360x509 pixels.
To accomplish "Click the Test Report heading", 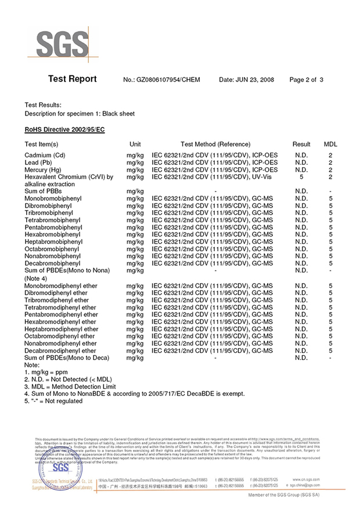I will click(x=72, y=80).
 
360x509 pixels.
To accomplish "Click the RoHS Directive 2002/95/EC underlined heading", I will click(x=64, y=129).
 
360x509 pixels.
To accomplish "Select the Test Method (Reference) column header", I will click(x=215, y=144).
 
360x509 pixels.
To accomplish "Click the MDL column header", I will click(x=330, y=144).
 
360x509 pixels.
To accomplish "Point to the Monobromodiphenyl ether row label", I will click(x=61, y=286).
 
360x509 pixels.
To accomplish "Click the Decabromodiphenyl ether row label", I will click(x=60, y=351).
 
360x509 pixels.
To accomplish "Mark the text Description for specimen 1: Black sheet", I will click(x=80, y=114).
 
